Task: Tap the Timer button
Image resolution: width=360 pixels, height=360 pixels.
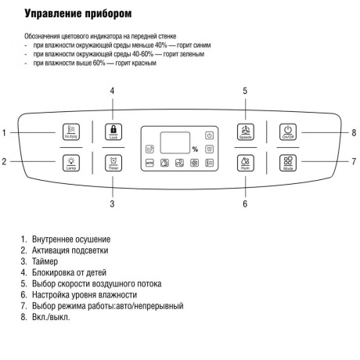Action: click(112, 164)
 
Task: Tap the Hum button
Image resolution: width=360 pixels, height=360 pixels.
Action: click(243, 164)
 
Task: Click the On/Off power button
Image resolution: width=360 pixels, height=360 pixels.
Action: click(287, 132)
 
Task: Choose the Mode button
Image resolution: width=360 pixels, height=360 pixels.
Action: click(287, 164)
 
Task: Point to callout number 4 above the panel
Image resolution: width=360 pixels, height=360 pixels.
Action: click(112, 91)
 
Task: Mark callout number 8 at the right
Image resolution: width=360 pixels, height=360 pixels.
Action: click(354, 132)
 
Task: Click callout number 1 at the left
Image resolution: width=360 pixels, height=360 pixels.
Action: click(5, 132)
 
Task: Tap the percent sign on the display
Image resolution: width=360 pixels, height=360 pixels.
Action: click(195, 149)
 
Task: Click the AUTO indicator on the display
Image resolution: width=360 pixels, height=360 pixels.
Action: click(149, 164)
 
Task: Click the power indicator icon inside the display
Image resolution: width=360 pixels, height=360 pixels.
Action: click(209, 135)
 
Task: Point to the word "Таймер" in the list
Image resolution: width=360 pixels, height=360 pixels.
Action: click(45, 261)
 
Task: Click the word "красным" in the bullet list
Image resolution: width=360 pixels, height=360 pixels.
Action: click(145, 63)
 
